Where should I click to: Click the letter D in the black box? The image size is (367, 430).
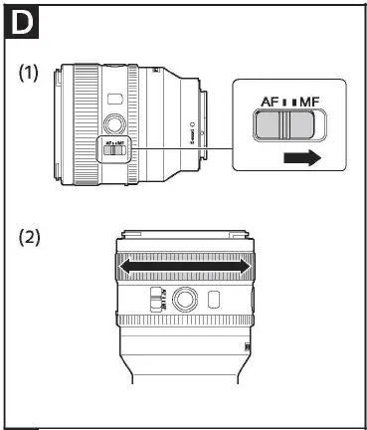click(x=19, y=21)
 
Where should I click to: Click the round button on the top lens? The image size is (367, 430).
click(x=114, y=123)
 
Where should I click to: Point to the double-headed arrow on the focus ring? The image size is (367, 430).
click(x=183, y=266)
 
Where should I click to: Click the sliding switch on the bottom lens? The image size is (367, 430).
click(x=153, y=299)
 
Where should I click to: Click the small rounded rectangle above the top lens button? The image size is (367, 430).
click(x=113, y=99)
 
